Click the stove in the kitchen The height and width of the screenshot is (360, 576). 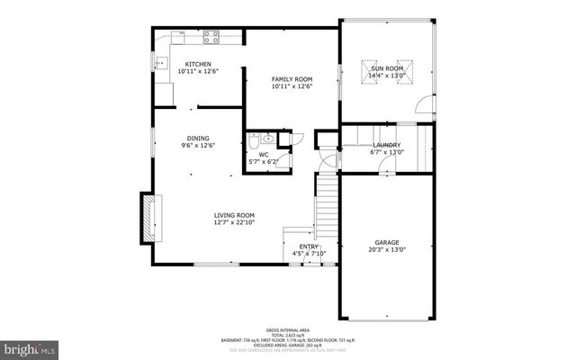point(212,37)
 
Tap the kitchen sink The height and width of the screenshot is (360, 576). point(163,63)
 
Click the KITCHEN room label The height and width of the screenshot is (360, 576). point(198,64)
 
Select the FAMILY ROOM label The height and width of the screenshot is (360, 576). point(292,79)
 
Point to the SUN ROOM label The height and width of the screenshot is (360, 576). point(385,68)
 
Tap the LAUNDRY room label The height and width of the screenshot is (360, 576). point(387,144)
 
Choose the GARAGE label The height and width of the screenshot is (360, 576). point(387,242)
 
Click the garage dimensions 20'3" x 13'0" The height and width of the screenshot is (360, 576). point(387,249)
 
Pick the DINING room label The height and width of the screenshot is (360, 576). point(198,137)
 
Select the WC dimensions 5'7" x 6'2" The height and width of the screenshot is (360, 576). point(264,162)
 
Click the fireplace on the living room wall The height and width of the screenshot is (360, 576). point(145,217)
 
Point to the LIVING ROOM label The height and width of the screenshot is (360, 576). point(234,215)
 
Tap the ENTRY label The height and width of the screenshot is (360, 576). point(309,246)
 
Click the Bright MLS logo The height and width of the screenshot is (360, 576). point(30,346)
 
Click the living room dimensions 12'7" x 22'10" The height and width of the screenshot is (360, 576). point(234,222)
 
